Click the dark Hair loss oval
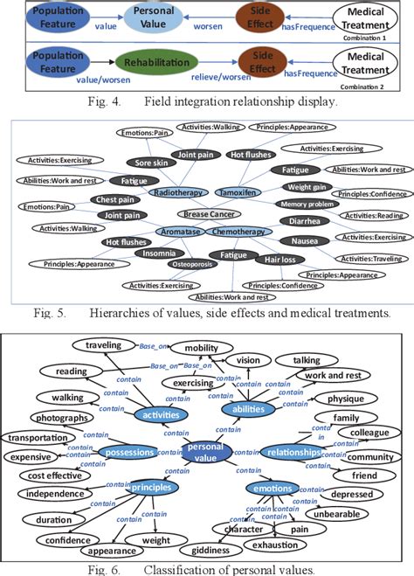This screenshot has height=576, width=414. point(277,260)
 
